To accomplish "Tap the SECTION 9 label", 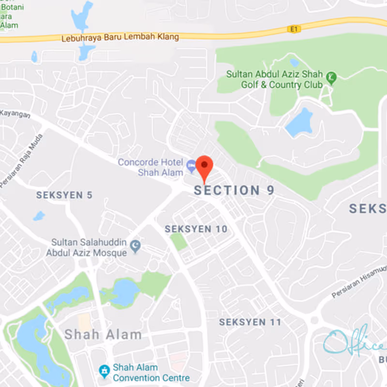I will [x=234, y=191].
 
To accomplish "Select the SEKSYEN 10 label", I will [x=196, y=229].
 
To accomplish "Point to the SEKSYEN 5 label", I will [x=64, y=195].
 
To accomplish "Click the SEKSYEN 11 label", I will [x=250, y=322].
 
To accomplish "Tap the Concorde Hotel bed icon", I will [x=192, y=164].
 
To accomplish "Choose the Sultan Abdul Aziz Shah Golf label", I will [x=275, y=80].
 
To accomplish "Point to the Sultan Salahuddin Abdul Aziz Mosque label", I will [x=87, y=247].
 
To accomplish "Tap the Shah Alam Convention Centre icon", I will [x=104, y=371].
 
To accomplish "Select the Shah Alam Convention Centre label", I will [x=151, y=372].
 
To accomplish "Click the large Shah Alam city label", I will [x=103, y=334].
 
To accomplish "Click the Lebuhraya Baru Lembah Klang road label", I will [x=120, y=37].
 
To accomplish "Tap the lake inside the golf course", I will [x=299, y=123].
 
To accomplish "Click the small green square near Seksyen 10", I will [x=179, y=241].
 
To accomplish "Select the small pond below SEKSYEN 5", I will [x=39, y=216].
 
